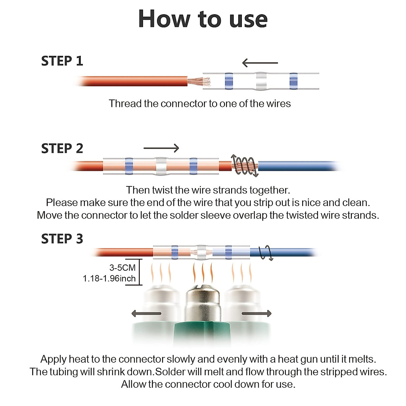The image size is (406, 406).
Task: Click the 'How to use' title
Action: click(x=203, y=19)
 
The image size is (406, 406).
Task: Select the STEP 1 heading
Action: click(x=62, y=61)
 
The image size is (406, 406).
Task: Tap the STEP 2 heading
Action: click(x=62, y=148)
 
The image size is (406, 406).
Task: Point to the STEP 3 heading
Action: click(x=62, y=239)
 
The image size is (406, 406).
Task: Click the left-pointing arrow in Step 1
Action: click(x=260, y=63)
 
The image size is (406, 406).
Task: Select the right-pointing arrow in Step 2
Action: click(x=161, y=148)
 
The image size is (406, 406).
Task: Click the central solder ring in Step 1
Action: click(x=261, y=81)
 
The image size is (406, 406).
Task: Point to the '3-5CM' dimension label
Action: click(x=122, y=268)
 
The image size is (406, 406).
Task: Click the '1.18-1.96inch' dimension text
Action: click(x=109, y=278)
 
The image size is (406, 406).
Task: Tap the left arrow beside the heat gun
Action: click(x=146, y=314)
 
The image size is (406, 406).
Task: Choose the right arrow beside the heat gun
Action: click(x=256, y=314)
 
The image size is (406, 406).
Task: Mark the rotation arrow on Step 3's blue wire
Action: click(x=266, y=253)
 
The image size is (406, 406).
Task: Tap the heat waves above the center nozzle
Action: click(x=203, y=272)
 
